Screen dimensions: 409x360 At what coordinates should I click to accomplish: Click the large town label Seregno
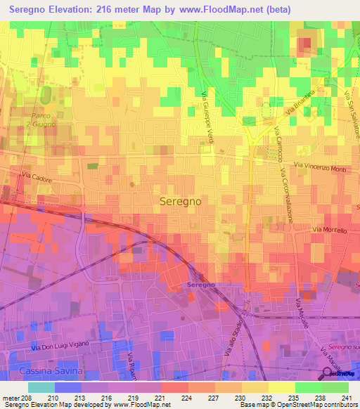click(x=181, y=200)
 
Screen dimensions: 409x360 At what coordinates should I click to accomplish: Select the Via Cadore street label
click(x=36, y=178)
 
